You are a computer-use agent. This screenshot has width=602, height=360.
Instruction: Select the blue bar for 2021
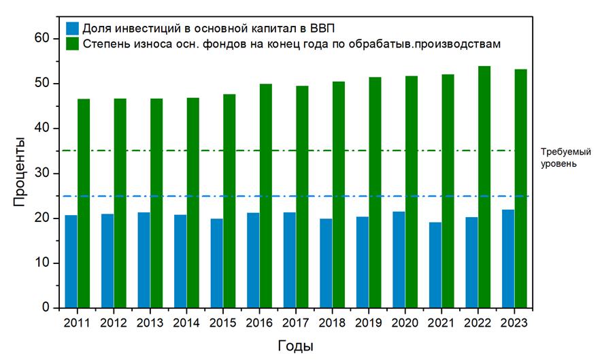[x=435, y=265]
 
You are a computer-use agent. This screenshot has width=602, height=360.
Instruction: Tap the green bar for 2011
[x=83, y=203]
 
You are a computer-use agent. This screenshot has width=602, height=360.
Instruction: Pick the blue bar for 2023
[x=508, y=259]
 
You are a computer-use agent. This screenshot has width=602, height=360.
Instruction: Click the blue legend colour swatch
[x=72, y=29]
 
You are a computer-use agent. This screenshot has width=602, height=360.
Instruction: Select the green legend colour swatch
[x=72, y=44]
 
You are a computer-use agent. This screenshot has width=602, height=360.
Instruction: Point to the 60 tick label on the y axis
[x=43, y=39]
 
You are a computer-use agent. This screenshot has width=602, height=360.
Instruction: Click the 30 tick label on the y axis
[x=43, y=174]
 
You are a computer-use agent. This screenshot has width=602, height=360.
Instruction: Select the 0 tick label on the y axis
[x=46, y=308]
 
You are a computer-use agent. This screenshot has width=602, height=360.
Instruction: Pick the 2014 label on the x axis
[x=186, y=323]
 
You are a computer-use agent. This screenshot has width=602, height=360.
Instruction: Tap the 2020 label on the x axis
[x=405, y=323]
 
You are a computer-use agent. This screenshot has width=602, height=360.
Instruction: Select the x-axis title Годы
[x=295, y=346]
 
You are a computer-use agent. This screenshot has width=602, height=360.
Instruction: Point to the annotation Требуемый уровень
[x=558, y=158]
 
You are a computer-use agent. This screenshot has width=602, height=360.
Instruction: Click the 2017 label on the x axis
[x=295, y=323]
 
